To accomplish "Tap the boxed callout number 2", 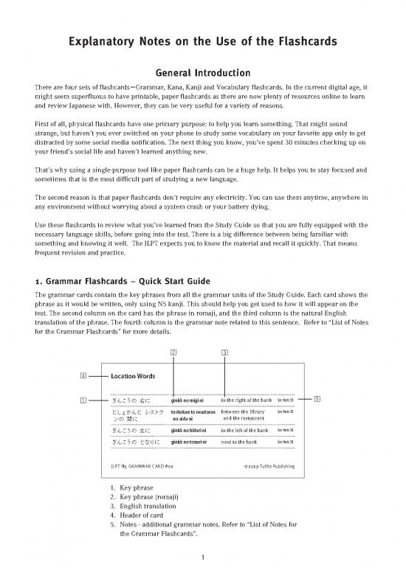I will tap(173, 352).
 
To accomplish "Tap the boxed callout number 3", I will tap(224, 352).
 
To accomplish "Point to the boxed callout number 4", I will tap(84, 375).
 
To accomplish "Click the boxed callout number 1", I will tap(84, 400).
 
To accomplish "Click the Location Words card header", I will tap(132, 376).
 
